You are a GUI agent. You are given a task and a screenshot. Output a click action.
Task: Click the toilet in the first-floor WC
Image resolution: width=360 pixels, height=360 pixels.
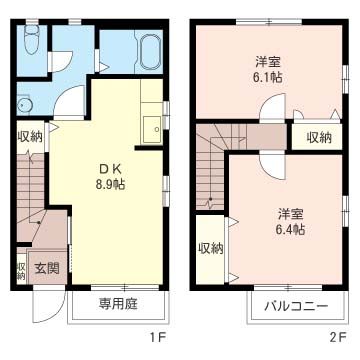click(x=32, y=39)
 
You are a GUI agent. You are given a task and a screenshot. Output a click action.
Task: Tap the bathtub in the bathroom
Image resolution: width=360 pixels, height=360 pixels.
click(x=149, y=52)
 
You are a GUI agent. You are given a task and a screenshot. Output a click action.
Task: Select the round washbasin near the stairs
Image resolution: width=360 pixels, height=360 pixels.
click(x=24, y=106)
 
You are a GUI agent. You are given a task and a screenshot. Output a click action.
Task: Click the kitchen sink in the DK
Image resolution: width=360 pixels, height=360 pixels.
click(x=152, y=130)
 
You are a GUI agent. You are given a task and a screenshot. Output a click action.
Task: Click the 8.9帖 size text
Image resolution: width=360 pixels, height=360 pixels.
click(x=110, y=184)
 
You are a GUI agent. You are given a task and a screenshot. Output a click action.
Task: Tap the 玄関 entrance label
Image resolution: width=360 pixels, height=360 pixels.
click(x=47, y=268)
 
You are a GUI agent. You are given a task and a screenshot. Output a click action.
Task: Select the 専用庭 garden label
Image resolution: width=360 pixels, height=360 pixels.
click(x=117, y=304)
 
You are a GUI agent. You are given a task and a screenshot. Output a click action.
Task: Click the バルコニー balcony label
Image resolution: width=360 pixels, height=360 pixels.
click(x=296, y=306)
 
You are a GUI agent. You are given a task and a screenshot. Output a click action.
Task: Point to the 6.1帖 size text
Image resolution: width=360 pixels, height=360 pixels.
click(x=268, y=77)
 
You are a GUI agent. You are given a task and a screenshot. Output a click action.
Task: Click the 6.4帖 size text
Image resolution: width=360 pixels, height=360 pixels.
click(x=291, y=229)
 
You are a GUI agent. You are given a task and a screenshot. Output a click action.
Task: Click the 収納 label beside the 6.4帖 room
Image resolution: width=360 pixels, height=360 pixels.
click(x=211, y=249)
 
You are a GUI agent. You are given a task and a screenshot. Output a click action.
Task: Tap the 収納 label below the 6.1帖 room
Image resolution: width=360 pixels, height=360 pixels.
click(x=319, y=138)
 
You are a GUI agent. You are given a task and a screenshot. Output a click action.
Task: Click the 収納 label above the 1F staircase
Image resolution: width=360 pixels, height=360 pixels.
click(x=30, y=137)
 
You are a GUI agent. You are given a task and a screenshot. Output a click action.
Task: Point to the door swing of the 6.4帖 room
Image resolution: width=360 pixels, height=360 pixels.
click(x=272, y=165)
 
